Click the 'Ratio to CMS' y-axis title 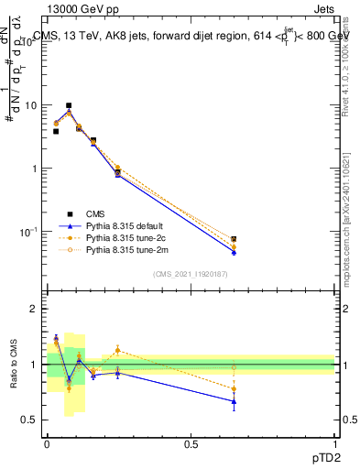click(x=13, y=365)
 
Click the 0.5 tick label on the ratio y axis click(x=32, y=420)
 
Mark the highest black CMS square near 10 click(x=69, y=106)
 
